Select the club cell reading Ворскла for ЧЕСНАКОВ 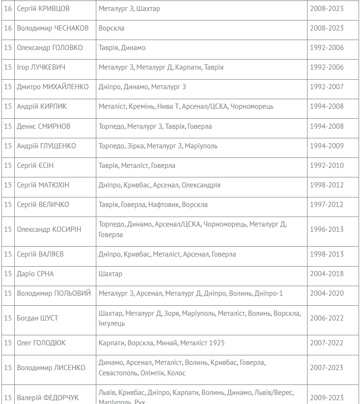[x=112, y=28]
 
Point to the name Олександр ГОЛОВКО [x=50, y=48]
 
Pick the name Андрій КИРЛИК [x=42, y=106]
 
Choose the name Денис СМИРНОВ [x=43, y=126]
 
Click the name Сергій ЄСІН [x=36, y=166]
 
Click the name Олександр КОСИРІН [x=49, y=229]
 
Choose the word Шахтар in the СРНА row [x=111, y=274]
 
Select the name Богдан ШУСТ [x=37, y=318]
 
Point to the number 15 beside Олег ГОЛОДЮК [x=8, y=343]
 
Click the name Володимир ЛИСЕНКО [x=51, y=368]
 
